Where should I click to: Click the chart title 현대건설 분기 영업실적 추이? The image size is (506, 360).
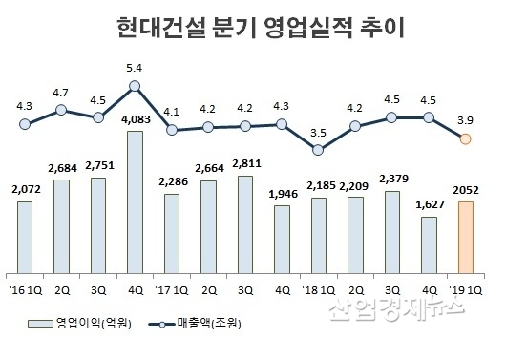click(x=252, y=26)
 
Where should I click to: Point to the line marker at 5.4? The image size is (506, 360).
click(x=135, y=86)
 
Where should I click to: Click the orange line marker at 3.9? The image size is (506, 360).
click(x=465, y=139)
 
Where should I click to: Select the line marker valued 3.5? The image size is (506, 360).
click(x=318, y=149)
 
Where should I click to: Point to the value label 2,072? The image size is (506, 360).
click(x=25, y=191)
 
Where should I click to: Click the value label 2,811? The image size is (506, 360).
click(x=244, y=165)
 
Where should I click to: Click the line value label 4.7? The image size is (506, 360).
click(x=61, y=93)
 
